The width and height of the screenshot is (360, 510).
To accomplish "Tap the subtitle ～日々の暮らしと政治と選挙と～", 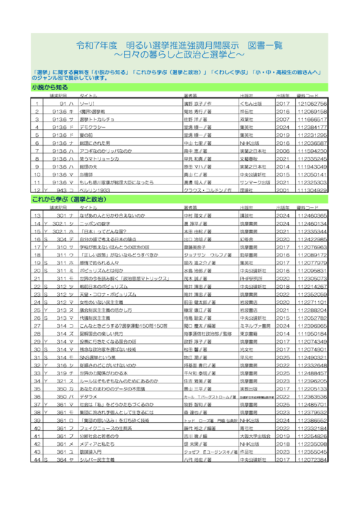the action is click(180, 54).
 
